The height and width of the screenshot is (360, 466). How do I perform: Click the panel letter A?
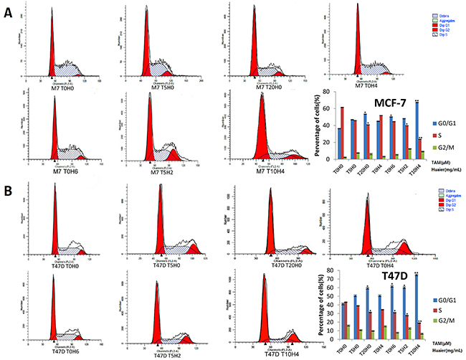tap(9, 15)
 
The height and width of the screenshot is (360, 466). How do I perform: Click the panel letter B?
tap(9, 191)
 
